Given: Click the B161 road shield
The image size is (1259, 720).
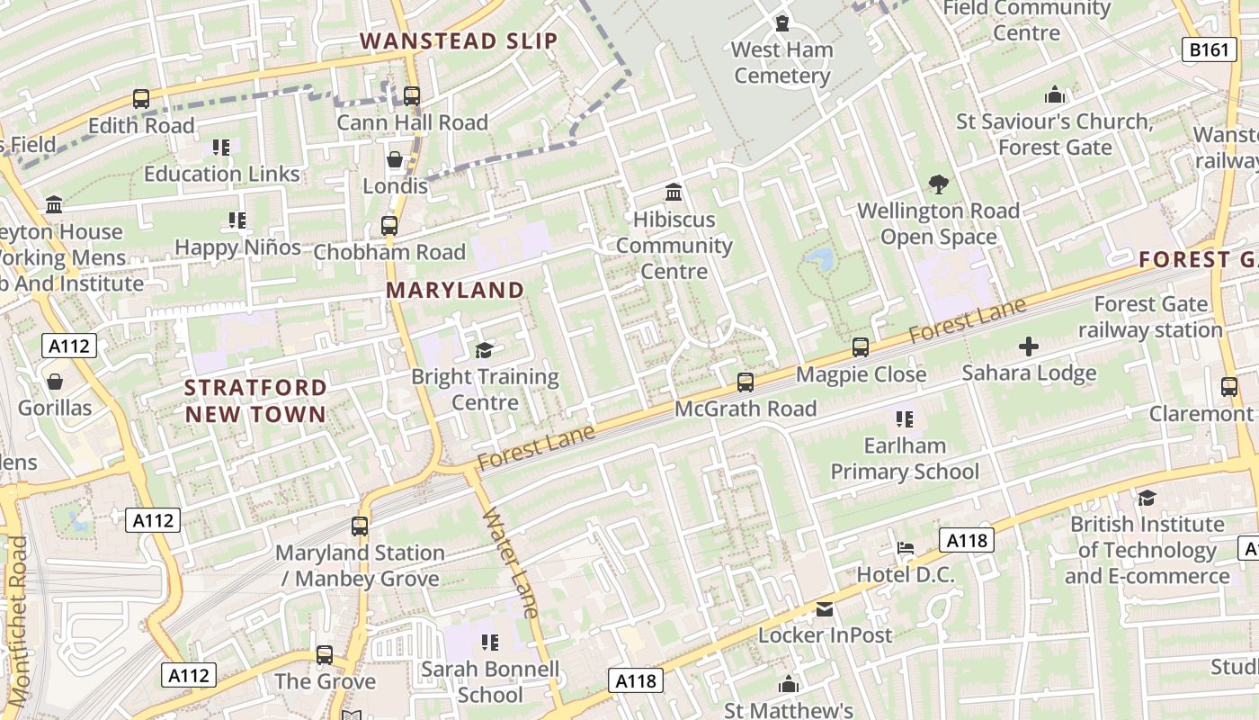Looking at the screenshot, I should tap(1207, 49).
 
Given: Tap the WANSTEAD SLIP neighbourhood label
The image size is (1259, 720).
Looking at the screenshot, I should tap(459, 41).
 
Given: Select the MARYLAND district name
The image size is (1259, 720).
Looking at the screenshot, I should tap(455, 290).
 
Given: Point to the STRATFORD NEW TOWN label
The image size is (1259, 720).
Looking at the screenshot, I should tap(255, 400).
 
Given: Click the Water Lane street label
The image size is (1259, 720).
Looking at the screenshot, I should tap(511, 563).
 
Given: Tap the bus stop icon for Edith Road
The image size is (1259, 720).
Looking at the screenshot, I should tap(141, 99).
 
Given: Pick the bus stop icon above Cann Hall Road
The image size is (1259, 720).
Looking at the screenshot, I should tap(412, 95).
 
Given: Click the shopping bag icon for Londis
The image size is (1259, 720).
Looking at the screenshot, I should tap(395, 160).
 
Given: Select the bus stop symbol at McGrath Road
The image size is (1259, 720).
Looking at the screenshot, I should tap(746, 382).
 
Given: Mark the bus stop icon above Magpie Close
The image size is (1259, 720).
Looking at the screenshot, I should tap(861, 347).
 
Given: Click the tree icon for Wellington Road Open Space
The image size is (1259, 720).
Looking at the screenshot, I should tap(938, 184).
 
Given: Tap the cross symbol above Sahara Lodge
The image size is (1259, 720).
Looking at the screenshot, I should tap(1029, 346).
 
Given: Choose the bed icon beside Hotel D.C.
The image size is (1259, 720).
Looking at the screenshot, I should tap(906, 548).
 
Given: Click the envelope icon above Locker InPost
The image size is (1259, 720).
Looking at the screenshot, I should tap(825, 609).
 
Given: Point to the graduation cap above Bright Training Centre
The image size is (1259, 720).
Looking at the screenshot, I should tap(485, 350).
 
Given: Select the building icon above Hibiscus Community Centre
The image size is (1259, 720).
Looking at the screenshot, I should tap(674, 193).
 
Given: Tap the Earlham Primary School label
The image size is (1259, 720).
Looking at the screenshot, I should tap(905, 458).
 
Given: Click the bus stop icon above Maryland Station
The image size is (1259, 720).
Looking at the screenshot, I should tap(360, 526).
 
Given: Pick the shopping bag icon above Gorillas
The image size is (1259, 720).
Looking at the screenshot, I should tap(55, 382).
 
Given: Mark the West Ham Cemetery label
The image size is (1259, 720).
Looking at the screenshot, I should tap(782, 62).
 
